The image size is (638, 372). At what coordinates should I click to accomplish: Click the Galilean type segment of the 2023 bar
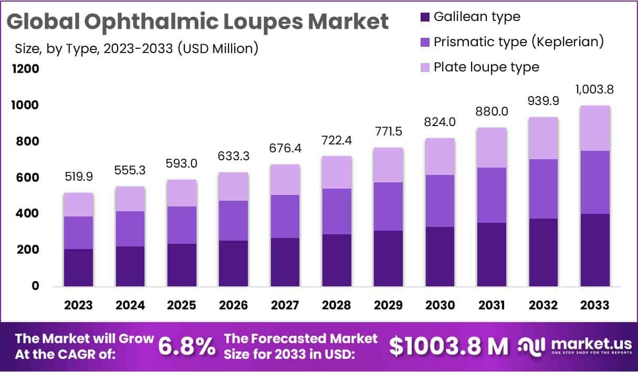[78, 267]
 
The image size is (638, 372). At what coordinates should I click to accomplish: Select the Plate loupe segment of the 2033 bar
[595, 128]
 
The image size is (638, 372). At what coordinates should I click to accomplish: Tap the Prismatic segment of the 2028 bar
[337, 211]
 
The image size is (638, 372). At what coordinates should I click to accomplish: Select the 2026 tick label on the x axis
[233, 305]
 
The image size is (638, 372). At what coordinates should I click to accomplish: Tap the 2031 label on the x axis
[491, 305]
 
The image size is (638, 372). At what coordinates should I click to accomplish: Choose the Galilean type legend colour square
[424, 17]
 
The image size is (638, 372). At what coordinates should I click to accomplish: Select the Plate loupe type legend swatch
[424, 67]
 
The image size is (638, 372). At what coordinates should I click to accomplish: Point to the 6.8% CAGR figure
[187, 346]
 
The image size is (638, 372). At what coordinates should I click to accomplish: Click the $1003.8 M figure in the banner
[449, 346]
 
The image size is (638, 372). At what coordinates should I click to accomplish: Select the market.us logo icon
[532, 345]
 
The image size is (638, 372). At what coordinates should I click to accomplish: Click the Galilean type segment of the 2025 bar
[182, 265]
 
